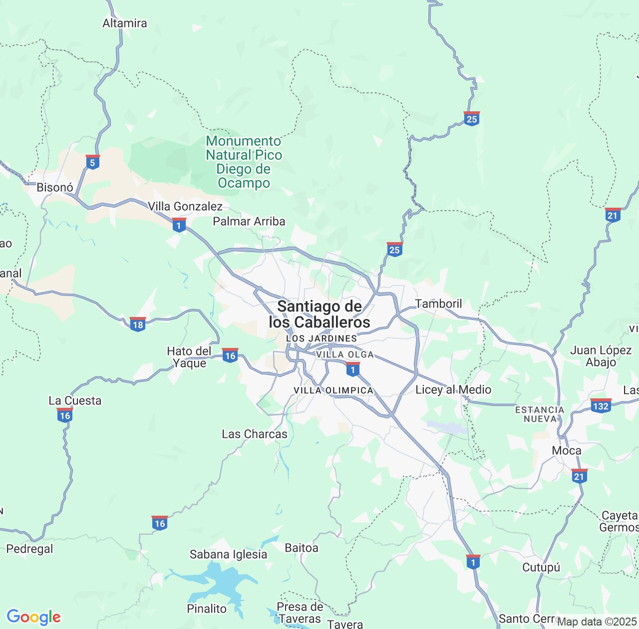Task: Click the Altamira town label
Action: click(125, 23)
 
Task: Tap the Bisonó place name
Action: click(55, 188)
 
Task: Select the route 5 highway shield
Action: click(92, 162)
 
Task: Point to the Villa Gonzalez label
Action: click(185, 206)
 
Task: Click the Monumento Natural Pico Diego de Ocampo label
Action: click(244, 162)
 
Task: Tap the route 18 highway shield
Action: click(137, 324)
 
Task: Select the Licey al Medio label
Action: click(453, 389)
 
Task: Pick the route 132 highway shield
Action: click(601, 405)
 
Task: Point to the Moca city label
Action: click(567, 450)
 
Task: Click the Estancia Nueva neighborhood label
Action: click(540, 414)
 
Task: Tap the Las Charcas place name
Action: click(255, 434)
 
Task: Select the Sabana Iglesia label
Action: click(228, 554)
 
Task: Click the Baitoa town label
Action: click(302, 548)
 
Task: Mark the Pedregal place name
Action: click(29, 549)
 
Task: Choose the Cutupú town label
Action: click(541, 567)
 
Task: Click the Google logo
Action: click(33, 617)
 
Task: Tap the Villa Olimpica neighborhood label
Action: click(333, 390)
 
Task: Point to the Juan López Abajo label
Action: click(601, 356)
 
